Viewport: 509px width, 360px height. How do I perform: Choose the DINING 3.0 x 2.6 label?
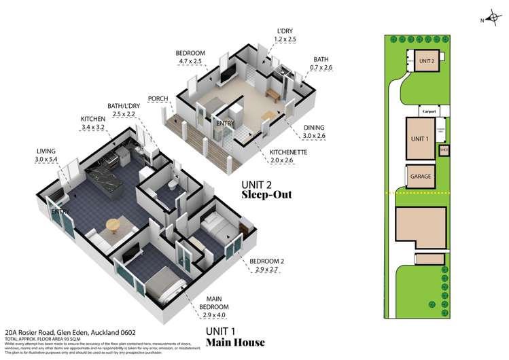pyautogui.click(x=313, y=131)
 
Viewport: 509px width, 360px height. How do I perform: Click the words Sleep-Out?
pyautogui.click(x=267, y=194)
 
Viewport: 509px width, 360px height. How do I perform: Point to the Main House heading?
pyautogui.click(x=235, y=342)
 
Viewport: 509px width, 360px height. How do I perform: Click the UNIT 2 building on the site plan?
pyautogui.click(x=426, y=60)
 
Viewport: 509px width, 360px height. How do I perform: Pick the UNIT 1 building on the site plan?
pyautogui.click(x=419, y=139)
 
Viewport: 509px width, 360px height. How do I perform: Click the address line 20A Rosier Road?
pyautogui.click(x=69, y=332)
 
